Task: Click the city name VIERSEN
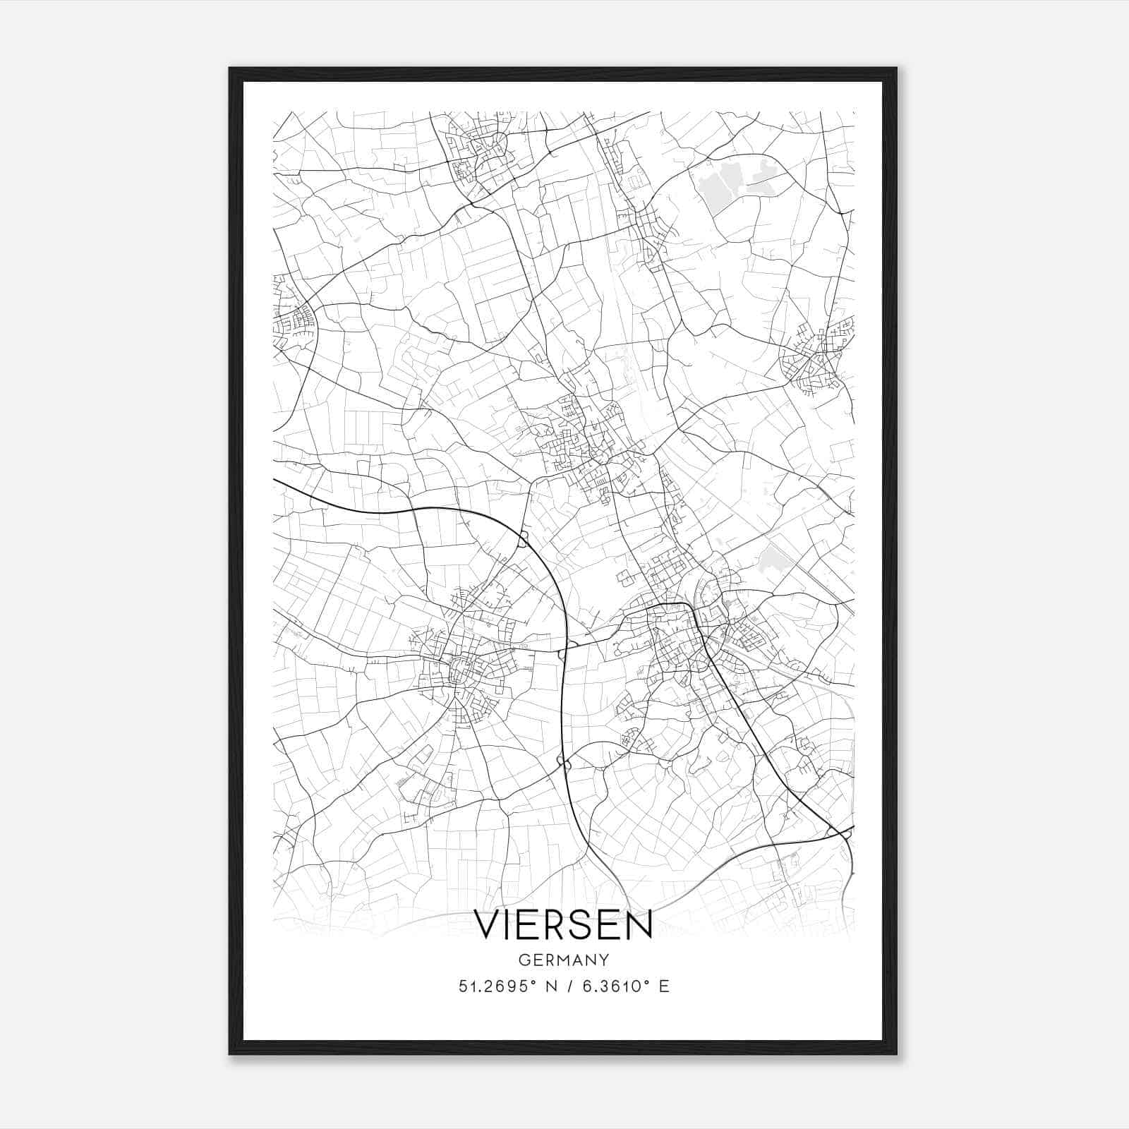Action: [563, 925]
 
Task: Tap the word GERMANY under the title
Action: [563, 960]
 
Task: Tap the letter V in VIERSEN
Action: [488, 925]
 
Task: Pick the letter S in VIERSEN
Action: [578, 925]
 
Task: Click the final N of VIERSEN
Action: [639, 925]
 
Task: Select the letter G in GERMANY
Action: [523, 960]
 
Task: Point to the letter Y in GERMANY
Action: [604, 960]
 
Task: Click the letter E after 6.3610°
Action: [664, 986]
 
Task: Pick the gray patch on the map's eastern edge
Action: [771, 558]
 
